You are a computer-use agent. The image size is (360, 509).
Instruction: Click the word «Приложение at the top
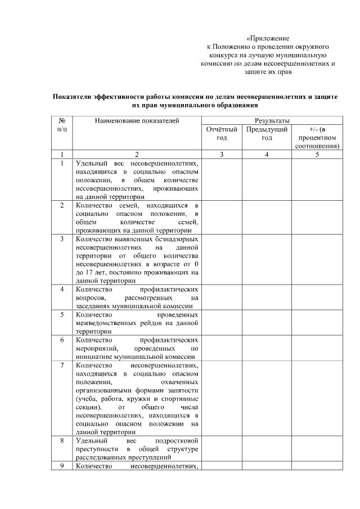pyautogui.click(x=268, y=37)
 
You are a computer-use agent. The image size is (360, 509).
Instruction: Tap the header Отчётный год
pyautogui.click(x=222, y=133)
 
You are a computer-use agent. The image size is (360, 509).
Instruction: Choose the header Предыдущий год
pyautogui.click(x=267, y=133)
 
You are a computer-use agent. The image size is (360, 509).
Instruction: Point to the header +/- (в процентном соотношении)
pyautogui.click(x=317, y=137)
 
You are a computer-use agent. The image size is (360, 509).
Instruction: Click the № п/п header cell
pyautogui.click(x=61, y=125)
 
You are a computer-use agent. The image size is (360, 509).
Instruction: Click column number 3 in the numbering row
pyautogui.click(x=222, y=154)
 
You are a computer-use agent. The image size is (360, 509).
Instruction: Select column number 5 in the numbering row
pyautogui.click(x=317, y=154)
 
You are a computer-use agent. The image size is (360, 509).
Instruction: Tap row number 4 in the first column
pyautogui.click(x=61, y=289)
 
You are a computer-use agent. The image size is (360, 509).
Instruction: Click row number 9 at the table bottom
pyautogui.click(x=61, y=466)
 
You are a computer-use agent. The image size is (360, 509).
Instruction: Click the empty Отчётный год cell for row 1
pyautogui.click(x=222, y=179)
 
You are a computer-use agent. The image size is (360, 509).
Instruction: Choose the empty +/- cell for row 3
pyautogui.click(x=317, y=259)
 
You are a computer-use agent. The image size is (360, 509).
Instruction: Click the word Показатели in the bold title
pyautogui.click(x=74, y=97)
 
